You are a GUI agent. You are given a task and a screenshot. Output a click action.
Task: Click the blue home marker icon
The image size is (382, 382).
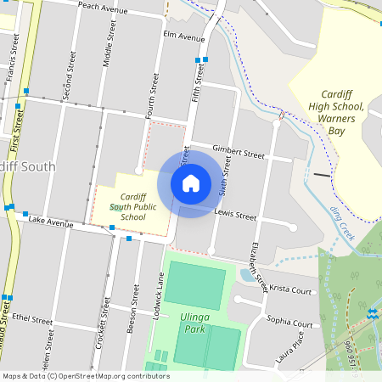tap(191, 183)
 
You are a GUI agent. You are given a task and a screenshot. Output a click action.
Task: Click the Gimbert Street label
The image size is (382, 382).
tap(239, 151)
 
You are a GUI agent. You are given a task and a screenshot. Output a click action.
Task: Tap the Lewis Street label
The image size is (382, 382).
tap(235, 215)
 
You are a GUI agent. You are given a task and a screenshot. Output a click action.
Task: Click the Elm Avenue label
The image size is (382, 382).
tap(184, 37)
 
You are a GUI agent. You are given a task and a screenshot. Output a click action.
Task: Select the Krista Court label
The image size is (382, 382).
tap(291, 291)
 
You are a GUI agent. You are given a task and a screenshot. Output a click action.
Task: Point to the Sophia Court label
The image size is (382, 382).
tap(289, 322)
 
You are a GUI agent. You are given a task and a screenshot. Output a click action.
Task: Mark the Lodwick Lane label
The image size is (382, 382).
tap(158, 295)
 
